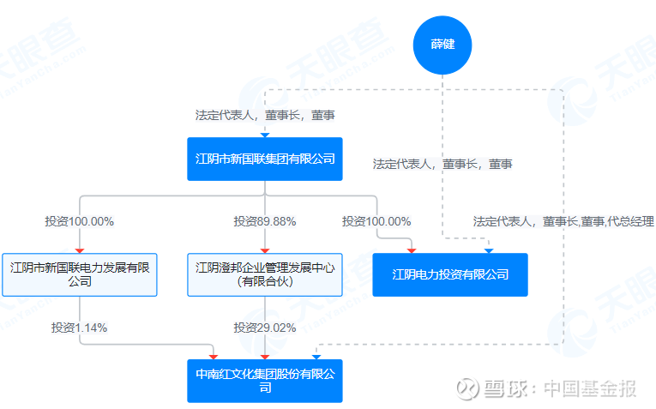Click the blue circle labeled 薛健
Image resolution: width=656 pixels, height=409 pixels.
pyautogui.click(x=442, y=45)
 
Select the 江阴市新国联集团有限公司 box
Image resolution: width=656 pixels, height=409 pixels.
pyautogui.click(x=265, y=159)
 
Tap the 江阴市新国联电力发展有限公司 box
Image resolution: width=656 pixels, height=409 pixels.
pyautogui.click(x=80, y=274)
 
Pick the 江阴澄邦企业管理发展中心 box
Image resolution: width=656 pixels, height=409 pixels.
pyautogui.click(x=265, y=274)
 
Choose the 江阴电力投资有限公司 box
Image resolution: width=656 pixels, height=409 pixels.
pyautogui.click(x=450, y=274)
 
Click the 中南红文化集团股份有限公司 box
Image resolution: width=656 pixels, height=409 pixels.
pyautogui.click(x=265, y=381)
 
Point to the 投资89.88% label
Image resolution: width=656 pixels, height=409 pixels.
pyautogui.click(x=265, y=221)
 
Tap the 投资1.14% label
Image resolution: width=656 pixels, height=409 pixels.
pyautogui.click(x=80, y=328)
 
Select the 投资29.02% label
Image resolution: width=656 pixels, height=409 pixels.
pyautogui.click(x=265, y=328)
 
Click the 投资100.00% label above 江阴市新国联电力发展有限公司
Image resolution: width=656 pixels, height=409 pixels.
pyautogui.click(x=80, y=221)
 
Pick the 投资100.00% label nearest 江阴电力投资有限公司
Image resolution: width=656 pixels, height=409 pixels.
pyautogui.click(x=376, y=221)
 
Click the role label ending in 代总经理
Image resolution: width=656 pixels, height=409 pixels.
pyautogui.click(x=563, y=221)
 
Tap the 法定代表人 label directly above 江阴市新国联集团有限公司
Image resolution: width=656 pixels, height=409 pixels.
pyautogui.click(x=265, y=115)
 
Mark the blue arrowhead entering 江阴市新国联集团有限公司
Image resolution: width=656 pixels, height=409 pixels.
pyautogui.click(x=265, y=135)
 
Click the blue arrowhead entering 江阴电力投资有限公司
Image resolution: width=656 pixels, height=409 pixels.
pyautogui.click(x=489, y=251)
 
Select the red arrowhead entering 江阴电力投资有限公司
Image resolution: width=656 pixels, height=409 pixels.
pyautogui.click(x=412, y=251)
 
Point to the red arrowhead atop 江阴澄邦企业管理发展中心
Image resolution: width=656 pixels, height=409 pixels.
pyautogui.click(x=265, y=251)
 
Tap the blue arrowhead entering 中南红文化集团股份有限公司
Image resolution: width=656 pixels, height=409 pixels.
pyautogui.click(x=316, y=358)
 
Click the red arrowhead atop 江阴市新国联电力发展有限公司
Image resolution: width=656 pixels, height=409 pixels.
pyautogui.click(x=80, y=251)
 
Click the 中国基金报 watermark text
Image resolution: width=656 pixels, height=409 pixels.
pyautogui.click(x=590, y=388)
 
